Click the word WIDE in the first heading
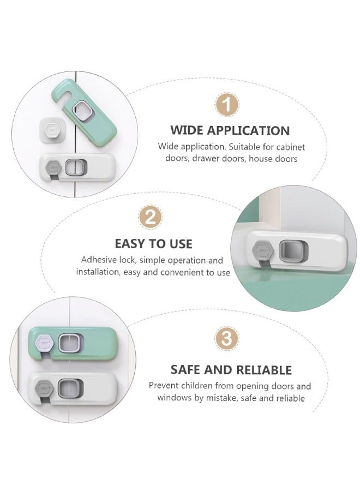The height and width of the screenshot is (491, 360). click(189, 130)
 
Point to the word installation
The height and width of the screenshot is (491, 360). click(98, 272)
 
